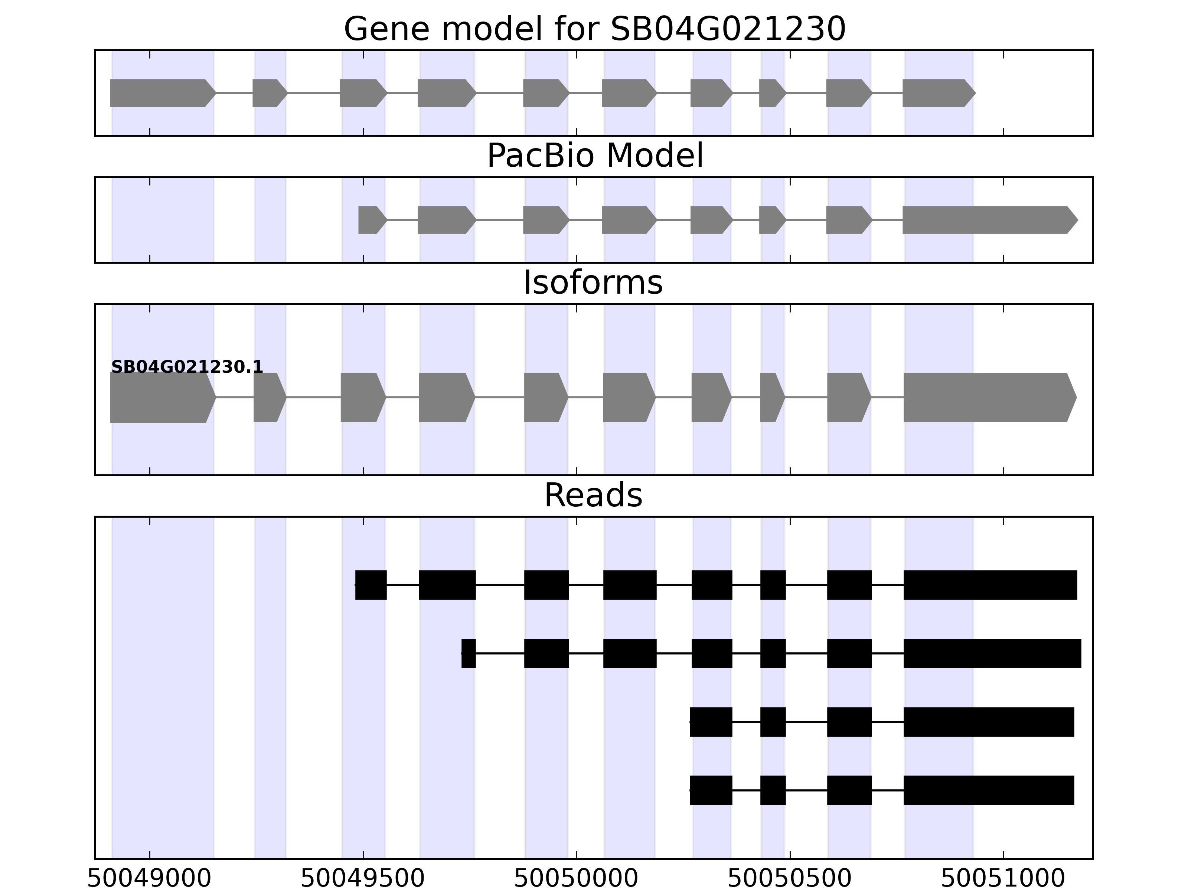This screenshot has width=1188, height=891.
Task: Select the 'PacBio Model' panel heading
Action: coord(594,156)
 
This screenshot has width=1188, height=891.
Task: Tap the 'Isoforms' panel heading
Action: coord(593,283)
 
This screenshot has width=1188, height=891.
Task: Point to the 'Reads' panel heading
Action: coord(593,495)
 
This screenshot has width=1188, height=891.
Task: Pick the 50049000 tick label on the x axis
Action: coord(149,879)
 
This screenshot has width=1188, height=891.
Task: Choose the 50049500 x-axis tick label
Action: coord(362,879)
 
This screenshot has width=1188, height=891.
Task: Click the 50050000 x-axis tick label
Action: coord(576,879)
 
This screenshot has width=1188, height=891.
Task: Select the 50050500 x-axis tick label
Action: coord(790,879)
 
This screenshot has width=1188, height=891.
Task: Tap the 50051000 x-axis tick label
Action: coord(1003,879)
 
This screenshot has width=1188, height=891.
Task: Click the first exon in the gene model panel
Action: coord(161,93)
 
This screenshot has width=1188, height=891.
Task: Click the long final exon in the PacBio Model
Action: coord(988,220)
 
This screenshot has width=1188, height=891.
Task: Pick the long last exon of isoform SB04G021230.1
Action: coord(988,398)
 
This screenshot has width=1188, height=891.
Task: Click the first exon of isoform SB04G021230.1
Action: coord(161,398)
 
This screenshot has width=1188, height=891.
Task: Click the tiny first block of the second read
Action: coord(468,654)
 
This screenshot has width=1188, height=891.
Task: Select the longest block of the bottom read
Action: coord(988,790)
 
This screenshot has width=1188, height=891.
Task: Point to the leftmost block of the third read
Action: coord(711,722)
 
